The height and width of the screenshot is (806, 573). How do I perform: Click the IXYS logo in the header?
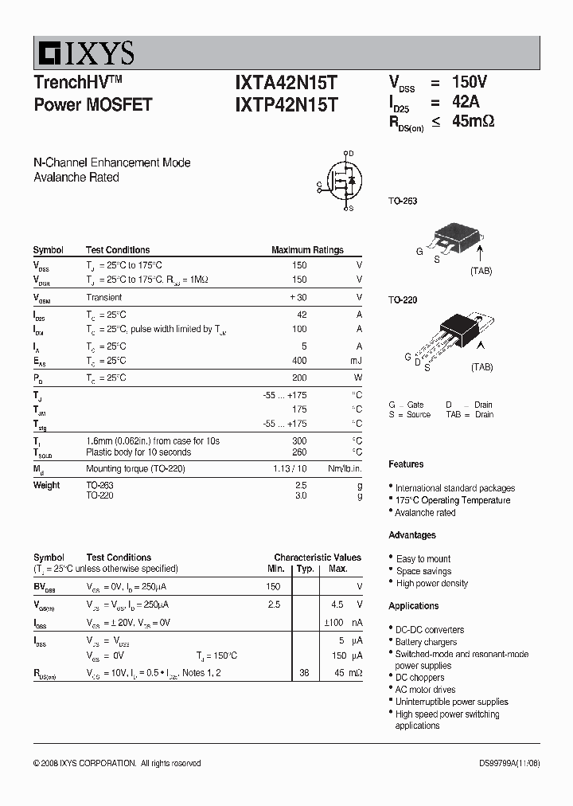(84, 53)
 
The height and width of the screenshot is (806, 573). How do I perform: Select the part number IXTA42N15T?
(286, 83)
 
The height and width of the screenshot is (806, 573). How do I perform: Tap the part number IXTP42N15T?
(286, 104)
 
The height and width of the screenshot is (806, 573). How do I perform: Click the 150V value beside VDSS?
(469, 82)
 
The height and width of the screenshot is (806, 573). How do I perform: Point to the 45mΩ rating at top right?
(473, 122)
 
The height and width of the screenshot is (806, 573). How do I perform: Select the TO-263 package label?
(403, 201)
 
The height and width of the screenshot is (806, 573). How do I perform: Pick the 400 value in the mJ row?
(298, 361)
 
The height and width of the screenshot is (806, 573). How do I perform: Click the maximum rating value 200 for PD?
(298, 378)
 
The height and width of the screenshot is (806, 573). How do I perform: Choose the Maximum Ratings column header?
(307, 250)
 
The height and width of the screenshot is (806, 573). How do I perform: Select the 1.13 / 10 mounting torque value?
(290, 468)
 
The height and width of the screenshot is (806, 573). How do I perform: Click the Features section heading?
(406, 464)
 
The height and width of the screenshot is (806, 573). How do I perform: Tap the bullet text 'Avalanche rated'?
(426, 513)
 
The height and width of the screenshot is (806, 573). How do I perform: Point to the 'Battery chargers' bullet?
(427, 642)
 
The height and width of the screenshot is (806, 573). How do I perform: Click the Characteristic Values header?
(318, 558)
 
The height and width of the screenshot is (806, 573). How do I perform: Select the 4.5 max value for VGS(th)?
(337, 604)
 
